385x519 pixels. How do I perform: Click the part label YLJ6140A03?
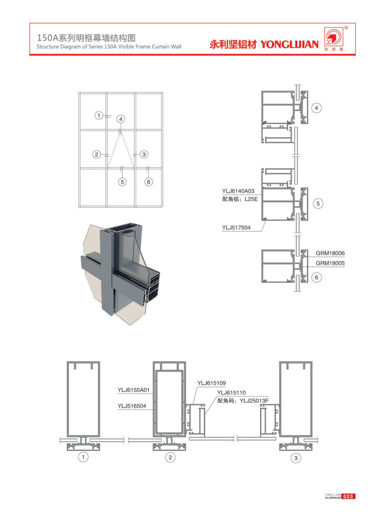(x=238, y=191)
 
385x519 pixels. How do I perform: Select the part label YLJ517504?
(x=236, y=228)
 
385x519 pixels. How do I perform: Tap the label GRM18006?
(x=330, y=253)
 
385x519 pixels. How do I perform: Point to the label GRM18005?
(x=330, y=263)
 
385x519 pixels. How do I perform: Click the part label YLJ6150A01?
(x=134, y=390)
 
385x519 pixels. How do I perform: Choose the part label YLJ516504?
(x=131, y=406)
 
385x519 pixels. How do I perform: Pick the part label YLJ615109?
(x=212, y=383)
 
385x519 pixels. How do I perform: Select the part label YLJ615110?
(x=231, y=393)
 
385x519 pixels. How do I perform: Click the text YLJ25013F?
(x=254, y=401)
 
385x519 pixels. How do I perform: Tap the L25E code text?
(x=251, y=199)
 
